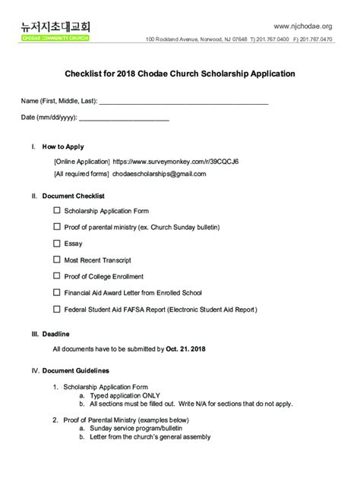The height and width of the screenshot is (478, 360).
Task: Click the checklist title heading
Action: (x=179, y=74)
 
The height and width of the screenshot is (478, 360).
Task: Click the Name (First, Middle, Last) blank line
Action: (x=183, y=101)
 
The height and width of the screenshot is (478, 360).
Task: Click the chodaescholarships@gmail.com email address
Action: (x=159, y=174)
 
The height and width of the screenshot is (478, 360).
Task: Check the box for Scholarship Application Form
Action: (x=57, y=210)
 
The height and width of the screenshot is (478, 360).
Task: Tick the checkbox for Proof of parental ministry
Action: (x=57, y=227)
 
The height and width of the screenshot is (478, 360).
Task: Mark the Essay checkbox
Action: (x=57, y=244)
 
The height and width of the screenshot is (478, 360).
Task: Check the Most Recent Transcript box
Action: (x=57, y=260)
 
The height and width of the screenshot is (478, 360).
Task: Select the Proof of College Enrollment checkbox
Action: (x=57, y=276)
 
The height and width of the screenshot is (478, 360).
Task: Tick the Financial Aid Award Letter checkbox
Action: (x=57, y=293)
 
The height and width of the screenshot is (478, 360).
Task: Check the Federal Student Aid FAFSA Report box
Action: (x=57, y=310)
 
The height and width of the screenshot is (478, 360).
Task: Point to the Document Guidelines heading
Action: (x=75, y=371)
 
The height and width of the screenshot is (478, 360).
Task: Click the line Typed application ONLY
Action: (x=125, y=395)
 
